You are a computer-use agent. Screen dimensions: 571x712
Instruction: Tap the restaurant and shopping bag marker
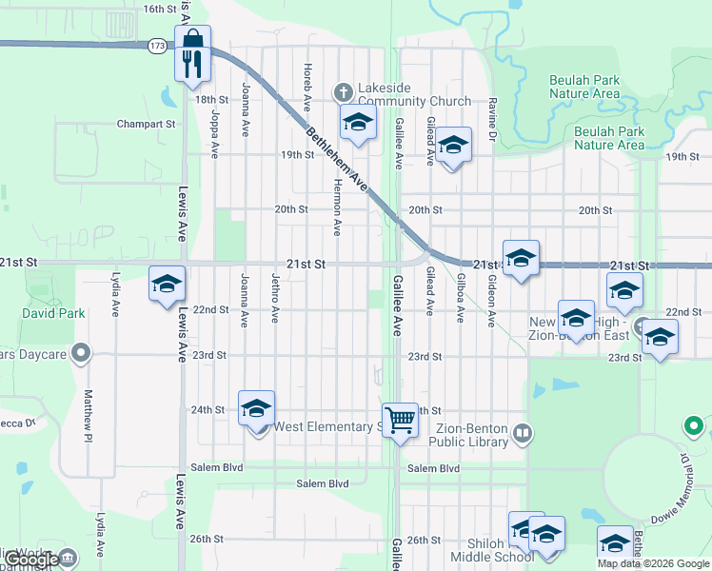192,53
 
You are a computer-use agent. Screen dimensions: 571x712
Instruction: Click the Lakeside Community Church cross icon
344,92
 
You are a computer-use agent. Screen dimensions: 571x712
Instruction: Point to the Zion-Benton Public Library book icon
523,435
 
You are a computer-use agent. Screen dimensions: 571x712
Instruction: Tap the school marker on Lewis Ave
167,285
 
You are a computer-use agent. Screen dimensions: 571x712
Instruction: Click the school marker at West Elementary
256,409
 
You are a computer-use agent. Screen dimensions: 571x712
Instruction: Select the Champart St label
147,124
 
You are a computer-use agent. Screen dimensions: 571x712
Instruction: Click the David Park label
54,313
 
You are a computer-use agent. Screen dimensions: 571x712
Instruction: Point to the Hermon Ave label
337,208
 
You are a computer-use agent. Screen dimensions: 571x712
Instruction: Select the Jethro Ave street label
275,299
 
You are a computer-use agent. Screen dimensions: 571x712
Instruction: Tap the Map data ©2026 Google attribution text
653,563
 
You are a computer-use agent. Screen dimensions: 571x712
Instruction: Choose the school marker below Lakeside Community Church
358,124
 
